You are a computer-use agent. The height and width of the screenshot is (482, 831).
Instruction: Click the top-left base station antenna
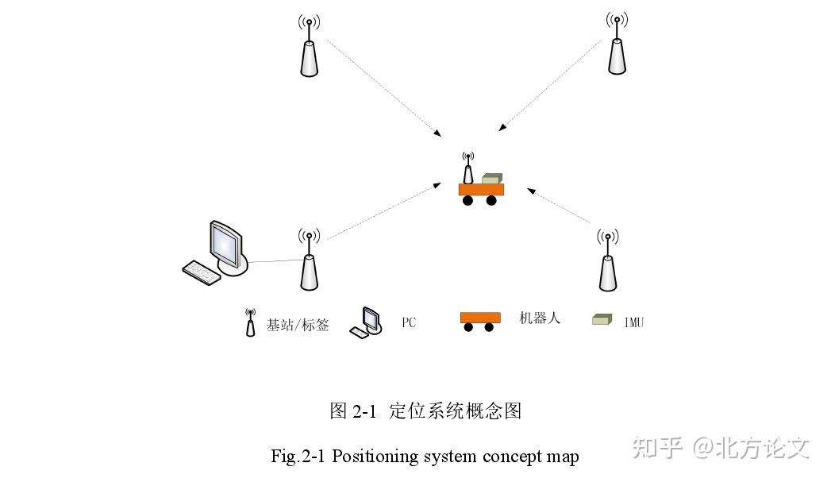(x=309, y=52)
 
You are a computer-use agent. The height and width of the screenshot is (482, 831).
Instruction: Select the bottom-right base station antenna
(x=607, y=266)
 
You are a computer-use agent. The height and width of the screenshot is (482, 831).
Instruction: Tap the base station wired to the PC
(x=309, y=266)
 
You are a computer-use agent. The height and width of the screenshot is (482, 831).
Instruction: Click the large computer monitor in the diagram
(x=226, y=246)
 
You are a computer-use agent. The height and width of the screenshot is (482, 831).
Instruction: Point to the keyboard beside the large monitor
(x=200, y=272)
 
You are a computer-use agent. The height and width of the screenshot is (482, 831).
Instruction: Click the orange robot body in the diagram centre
(x=481, y=189)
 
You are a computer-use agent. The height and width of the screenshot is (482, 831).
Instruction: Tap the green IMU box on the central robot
(x=493, y=179)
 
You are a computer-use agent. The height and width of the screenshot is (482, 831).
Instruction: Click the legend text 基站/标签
(x=298, y=325)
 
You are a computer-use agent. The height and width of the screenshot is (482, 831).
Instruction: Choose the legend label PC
(x=408, y=323)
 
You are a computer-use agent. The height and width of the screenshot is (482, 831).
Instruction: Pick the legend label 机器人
(x=540, y=318)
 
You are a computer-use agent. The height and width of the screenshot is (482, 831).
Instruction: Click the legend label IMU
(x=633, y=322)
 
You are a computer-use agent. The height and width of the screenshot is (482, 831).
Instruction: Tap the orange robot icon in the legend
(x=480, y=319)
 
